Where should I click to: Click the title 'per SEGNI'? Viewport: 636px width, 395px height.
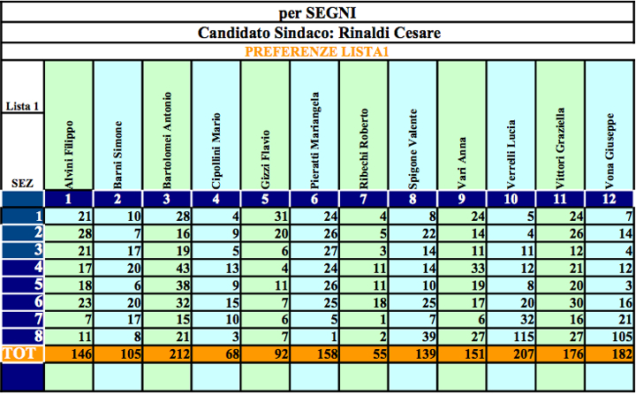click(319, 13)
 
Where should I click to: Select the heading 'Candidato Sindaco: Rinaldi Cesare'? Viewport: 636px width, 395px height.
click(319, 34)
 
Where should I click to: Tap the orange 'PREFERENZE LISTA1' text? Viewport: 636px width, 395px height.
click(319, 52)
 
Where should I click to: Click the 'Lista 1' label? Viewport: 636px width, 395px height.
click(22, 106)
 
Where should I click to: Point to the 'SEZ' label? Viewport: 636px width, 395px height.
click(22, 183)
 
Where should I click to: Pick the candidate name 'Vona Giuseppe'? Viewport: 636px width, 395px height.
click(609, 150)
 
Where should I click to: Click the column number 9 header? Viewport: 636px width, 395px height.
click(462, 200)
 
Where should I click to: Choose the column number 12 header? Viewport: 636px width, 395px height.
click(609, 200)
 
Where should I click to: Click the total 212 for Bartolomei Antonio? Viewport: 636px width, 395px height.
click(167, 353)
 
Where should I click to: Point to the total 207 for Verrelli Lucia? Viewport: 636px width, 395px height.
click(511, 353)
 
